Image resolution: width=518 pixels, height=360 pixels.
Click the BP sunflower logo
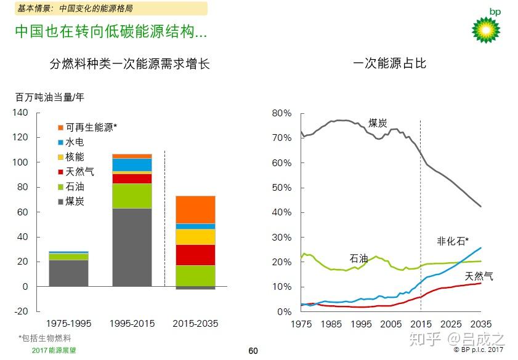point(486,28)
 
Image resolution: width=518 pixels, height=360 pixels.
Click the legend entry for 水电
point(75,142)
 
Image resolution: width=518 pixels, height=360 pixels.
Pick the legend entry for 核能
point(75,157)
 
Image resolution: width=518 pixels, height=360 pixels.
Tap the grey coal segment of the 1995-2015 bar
point(132,247)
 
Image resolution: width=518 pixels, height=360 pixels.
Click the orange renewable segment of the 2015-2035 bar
point(195,209)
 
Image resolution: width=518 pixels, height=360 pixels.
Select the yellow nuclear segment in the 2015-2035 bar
point(195,237)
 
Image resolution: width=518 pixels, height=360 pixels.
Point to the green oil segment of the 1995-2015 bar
point(132,196)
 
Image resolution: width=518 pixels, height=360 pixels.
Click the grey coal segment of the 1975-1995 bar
point(68,273)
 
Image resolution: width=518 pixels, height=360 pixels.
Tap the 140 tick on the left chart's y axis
point(20,113)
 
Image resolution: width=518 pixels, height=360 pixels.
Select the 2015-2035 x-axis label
point(195,323)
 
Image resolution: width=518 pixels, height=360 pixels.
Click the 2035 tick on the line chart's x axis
point(482,324)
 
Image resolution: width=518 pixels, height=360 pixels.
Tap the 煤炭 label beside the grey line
point(378,122)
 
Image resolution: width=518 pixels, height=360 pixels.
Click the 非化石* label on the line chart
point(453,241)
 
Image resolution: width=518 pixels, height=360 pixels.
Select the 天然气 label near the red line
point(479,276)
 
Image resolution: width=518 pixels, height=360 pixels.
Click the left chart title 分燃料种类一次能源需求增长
point(130,64)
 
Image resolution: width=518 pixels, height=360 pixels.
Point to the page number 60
point(253,351)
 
